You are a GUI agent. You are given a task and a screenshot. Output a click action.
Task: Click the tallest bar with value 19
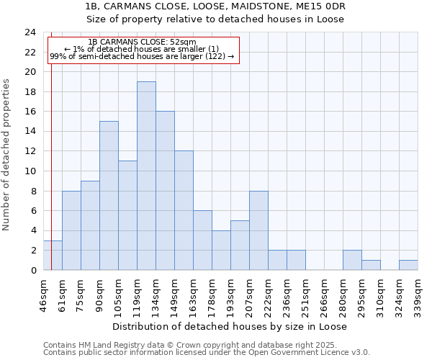(x=146, y=176)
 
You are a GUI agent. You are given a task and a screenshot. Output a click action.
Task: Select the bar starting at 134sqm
(x=165, y=191)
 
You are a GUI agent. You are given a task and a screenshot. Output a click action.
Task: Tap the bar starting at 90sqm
(x=109, y=196)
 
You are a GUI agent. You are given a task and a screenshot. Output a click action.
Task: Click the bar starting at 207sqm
(x=258, y=230)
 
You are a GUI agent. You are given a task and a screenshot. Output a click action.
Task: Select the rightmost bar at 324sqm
(x=408, y=265)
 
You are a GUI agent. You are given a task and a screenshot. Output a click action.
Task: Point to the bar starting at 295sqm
(x=371, y=265)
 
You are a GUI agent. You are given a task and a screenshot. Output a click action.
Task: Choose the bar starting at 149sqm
(x=184, y=210)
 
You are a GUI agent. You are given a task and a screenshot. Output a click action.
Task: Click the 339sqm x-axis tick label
(x=418, y=293)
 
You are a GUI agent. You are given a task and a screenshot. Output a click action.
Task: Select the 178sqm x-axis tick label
(x=212, y=293)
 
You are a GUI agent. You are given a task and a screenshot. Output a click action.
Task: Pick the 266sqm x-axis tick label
(x=324, y=293)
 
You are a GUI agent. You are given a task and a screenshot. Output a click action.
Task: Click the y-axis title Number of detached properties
(x=6, y=156)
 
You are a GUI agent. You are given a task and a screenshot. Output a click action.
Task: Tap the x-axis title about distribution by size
(x=230, y=326)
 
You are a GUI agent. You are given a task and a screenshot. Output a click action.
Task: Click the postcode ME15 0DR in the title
(x=318, y=6)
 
